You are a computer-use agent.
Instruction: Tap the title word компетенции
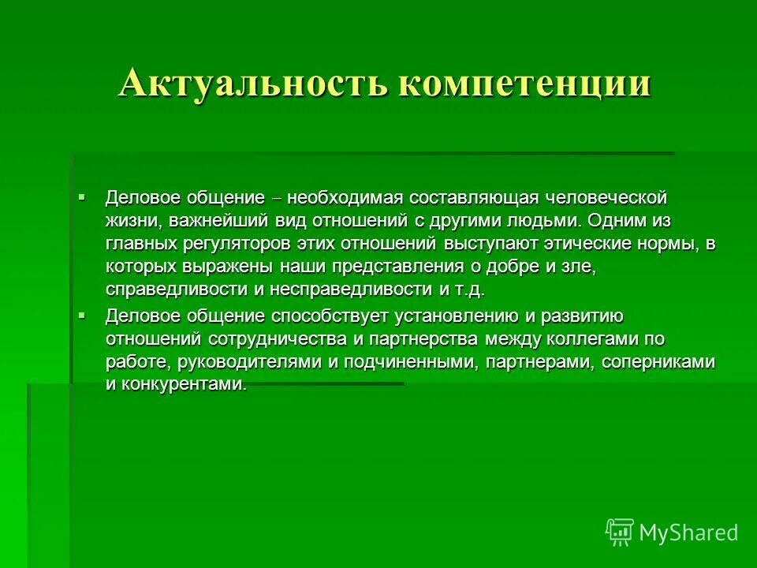pos(524,84)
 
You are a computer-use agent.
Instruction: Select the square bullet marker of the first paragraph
pos(82,195)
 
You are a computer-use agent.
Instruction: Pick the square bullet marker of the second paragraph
pos(82,316)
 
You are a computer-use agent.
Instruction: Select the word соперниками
pos(658,363)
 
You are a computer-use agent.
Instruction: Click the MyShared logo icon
pos(619,532)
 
